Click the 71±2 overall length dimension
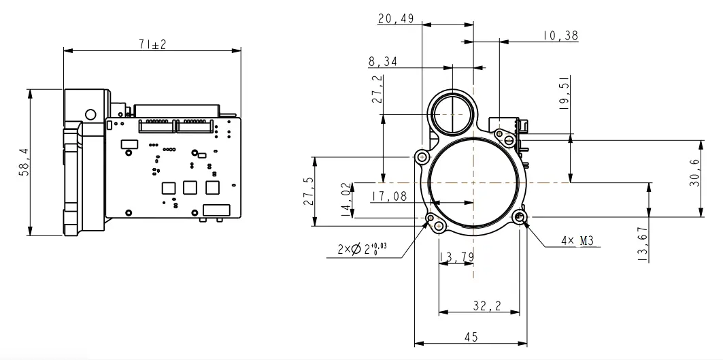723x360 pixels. click(x=152, y=44)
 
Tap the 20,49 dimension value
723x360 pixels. click(x=396, y=19)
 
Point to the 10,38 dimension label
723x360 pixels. click(x=560, y=36)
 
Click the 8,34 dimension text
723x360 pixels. click(x=384, y=62)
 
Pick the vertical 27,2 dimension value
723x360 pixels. click(x=377, y=89)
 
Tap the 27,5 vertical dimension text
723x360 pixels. click(x=307, y=192)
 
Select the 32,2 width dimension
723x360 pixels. click(x=487, y=307)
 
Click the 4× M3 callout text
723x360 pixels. click(x=576, y=240)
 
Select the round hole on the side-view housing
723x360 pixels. click(x=90, y=114)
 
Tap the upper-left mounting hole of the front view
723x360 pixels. click(x=422, y=157)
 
